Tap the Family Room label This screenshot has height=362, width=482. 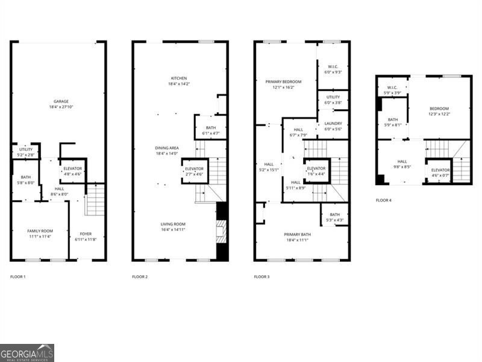pyautogui.click(x=40, y=231)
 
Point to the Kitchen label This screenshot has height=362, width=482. pyautogui.click(x=179, y=78)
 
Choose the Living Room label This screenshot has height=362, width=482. pyautogui.click(x=172, y=224)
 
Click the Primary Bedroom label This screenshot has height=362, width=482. pyautogui.click(x=283, y=81)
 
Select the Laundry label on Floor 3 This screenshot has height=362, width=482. pyautogui.click(x=333, y=123)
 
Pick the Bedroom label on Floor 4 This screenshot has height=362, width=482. pyautogui.click(x=439, y=107)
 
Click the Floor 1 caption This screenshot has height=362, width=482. pyautogui.click(x=18, y=276)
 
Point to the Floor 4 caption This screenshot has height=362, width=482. pyautogui.click(x=383, y=200)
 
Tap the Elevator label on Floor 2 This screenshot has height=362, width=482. pyautogui.click(x=195, y=168)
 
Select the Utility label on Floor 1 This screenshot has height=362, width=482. pyautogui.click(x=25, y=149)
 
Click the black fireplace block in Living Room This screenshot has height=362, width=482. pyautogui.click(x=222, y=232)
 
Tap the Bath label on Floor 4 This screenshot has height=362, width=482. pyautogui.click(x=393, y=119)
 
